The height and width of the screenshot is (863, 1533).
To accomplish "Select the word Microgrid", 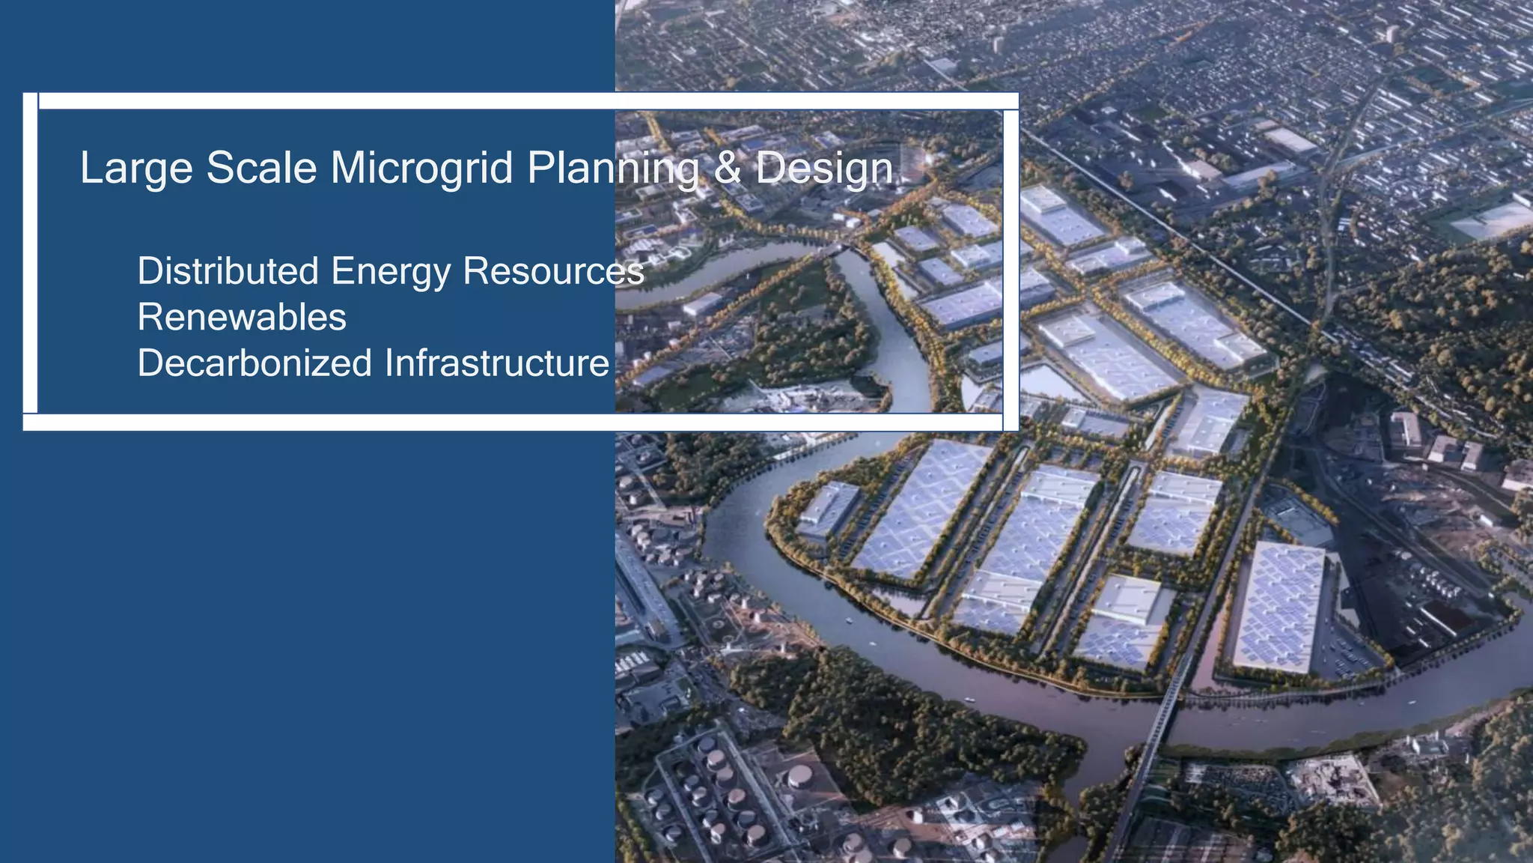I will pyautogui.click(x=422, y=169).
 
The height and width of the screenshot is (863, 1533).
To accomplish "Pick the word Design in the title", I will pyautogui.click(x=823, y=169).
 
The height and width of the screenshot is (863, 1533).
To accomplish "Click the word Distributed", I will pyautogui.click(x=228, y=270).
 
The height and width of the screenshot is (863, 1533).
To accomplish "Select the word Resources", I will pyautogui.click(x=553, y=270).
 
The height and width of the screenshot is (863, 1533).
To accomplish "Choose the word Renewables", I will pyautogui.click(x=242, y=317).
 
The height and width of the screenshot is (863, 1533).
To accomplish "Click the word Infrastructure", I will pyautogui.click(x=497, y=363).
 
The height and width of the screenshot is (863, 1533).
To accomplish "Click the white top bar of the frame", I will pyautogui.click(x=524, y=101).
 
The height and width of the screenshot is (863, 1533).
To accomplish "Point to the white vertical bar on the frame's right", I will pyautogui.click(x=1011, y=270).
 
